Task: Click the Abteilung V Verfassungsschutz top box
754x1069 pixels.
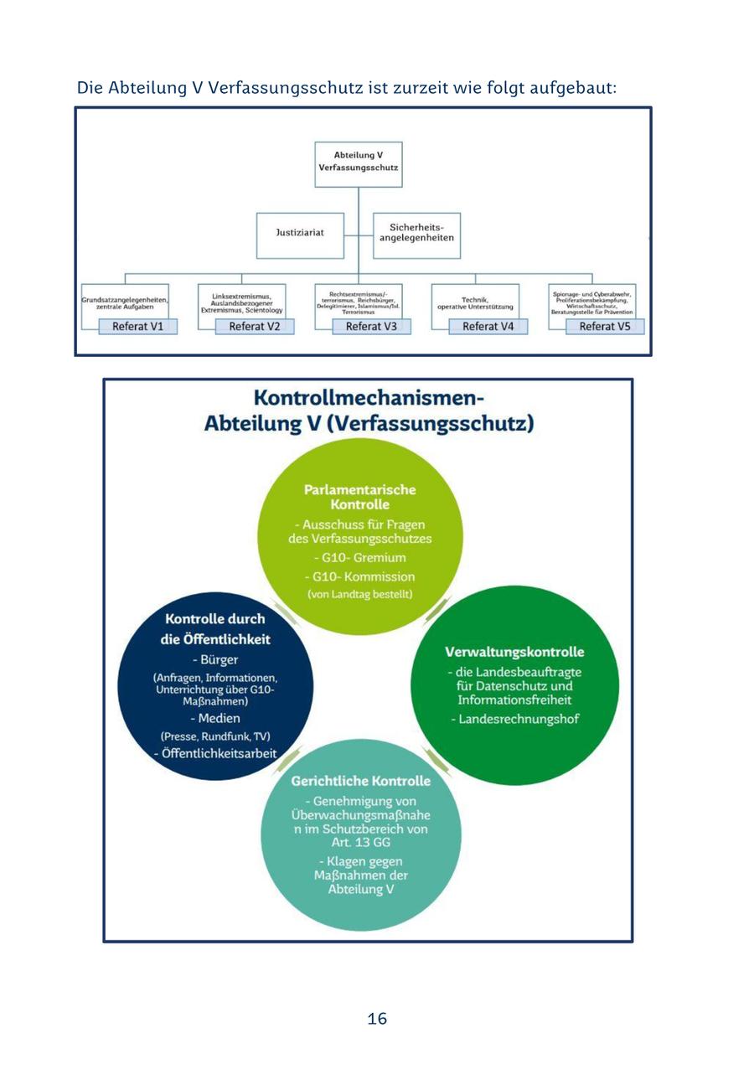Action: coord(359,162)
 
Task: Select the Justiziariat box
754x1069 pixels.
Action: coord(300,232)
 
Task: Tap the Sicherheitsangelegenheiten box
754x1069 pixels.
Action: coord(416,232)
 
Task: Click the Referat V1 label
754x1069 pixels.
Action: coord(138,327)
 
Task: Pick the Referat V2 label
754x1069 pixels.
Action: coord(255,327)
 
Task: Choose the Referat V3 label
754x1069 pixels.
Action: coord(371,327)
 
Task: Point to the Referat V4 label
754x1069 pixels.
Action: coord(488,327)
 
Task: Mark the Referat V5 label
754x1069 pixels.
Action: coord(605,327)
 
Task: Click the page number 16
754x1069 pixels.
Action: coord(377,1019)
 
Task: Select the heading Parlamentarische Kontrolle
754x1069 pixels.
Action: coord(359,497)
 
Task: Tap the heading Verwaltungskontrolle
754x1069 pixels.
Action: coord(514,652)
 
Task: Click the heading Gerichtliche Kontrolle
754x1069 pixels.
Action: coord(360,781)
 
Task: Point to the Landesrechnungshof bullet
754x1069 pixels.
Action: coord(514,719)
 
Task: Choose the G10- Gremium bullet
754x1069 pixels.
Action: coord(359,558)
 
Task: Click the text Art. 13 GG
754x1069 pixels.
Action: coord(360,843)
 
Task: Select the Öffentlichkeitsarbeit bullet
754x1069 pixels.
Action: coord(215,754)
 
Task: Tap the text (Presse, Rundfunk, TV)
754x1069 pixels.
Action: coord(215,736)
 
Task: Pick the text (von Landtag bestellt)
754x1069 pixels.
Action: coord(359,595)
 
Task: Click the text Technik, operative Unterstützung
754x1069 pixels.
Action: coord(475,303)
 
